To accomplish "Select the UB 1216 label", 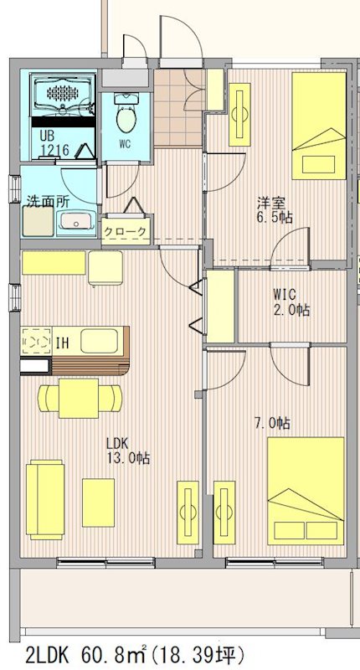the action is [54, 142].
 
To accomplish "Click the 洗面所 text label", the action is [49, 201].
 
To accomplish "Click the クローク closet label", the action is [126, 232].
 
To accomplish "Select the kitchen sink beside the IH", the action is [99, 341].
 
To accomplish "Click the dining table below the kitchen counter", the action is [79, 398].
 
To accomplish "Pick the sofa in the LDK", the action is [45, 498].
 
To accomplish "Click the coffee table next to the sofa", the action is [98, 502].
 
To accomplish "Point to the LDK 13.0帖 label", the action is [128, 451].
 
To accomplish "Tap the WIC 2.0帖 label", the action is [291, 302].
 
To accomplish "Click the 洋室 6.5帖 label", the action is [275, 210].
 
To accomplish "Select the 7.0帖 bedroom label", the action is [272, 424].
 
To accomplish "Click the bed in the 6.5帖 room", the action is [319, 126].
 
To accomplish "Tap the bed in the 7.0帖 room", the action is [306, 491].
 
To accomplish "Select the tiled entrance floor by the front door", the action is [177, 107].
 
